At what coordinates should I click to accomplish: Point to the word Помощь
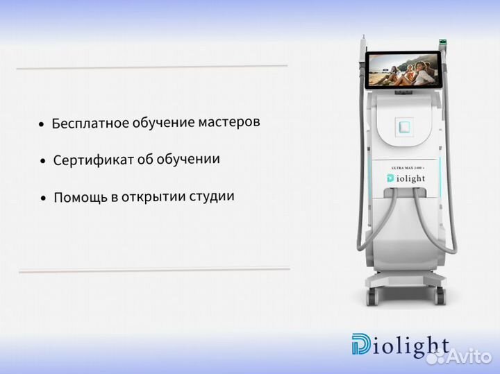pos(79,197)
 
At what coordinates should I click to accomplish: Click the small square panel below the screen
pos(403,126)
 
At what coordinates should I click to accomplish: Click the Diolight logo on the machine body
pos(406,178)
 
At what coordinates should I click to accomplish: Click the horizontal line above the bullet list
pos(151,67)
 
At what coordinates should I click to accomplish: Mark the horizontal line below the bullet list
pos(153,269)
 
